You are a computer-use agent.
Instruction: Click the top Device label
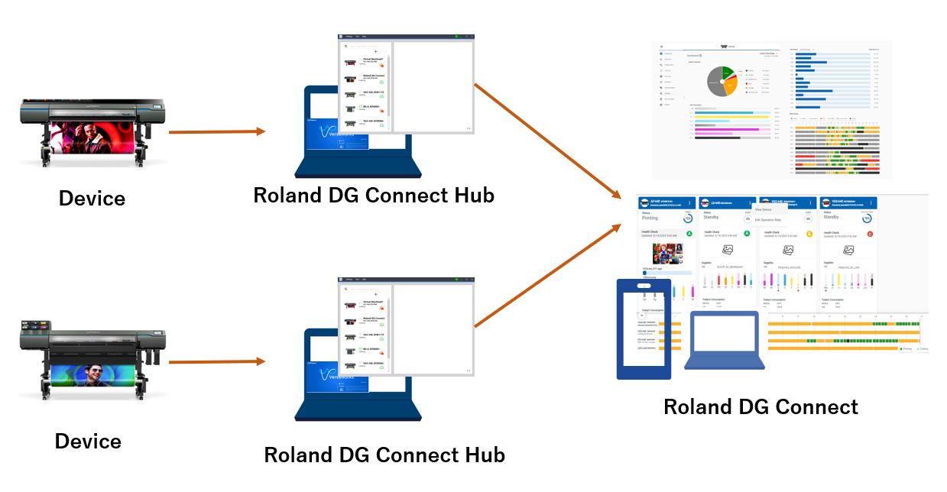[92, 199]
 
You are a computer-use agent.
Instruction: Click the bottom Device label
[88, 442]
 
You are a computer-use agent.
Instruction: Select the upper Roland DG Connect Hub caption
[374, 196]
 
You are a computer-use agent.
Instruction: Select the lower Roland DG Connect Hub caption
[384, 455]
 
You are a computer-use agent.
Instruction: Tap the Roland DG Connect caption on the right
[761, 407]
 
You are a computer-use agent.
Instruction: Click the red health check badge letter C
[870, 233]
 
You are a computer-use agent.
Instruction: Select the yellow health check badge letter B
[809, 233]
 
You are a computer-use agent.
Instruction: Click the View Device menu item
[764, 209]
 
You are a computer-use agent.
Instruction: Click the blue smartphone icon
[644, 329]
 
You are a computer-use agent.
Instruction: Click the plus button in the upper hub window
[375, 52]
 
